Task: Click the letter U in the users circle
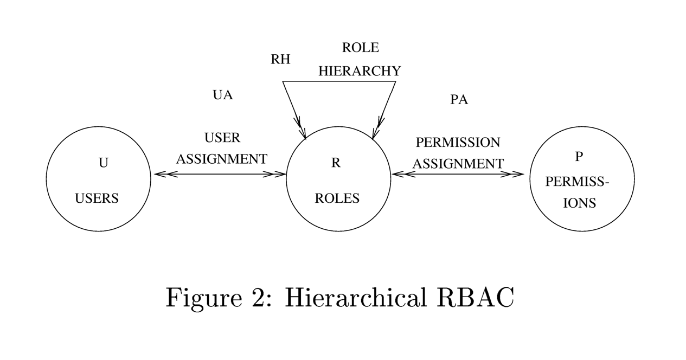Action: click(103, 163)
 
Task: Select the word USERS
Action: click(97, 198)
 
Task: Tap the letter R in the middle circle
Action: click(336, 163)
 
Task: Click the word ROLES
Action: click(337, 198)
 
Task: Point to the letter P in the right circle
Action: click(579, 157)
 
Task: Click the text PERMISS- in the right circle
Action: click(577, 182)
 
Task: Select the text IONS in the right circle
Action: click(580, 203)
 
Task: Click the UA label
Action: click(222, 95)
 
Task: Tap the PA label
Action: click(459, 100)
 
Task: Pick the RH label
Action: click(280, 60)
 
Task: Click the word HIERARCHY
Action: click(360, 71)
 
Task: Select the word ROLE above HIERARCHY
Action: click(360, 48)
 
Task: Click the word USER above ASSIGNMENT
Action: click(222, 138)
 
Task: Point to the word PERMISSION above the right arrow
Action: click(458, 143)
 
